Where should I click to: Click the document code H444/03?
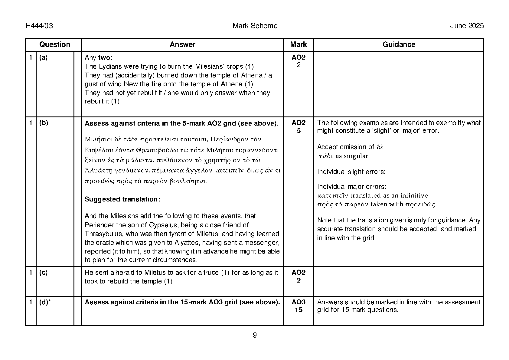(39, 26)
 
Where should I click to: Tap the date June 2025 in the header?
(467, 26)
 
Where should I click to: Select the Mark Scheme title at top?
(255, 26)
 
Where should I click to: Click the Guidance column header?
(399, 45)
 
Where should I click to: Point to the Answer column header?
(182, 45)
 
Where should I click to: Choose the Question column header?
(54, 45)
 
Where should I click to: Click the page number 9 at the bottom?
(255, 335)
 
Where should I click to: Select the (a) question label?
(44, 57)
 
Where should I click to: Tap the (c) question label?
(44, 273)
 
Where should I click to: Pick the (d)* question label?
(45, 302)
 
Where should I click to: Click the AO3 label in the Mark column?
(299, 302)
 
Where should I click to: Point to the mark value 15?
(299, 309)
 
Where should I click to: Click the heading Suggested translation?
(122, 199)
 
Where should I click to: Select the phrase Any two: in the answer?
(98, 58)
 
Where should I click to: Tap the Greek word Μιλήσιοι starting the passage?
(96, 139)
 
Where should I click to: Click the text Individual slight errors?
(351, 172)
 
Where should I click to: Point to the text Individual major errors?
(351, 187)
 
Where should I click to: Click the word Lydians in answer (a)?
(107, 67)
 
